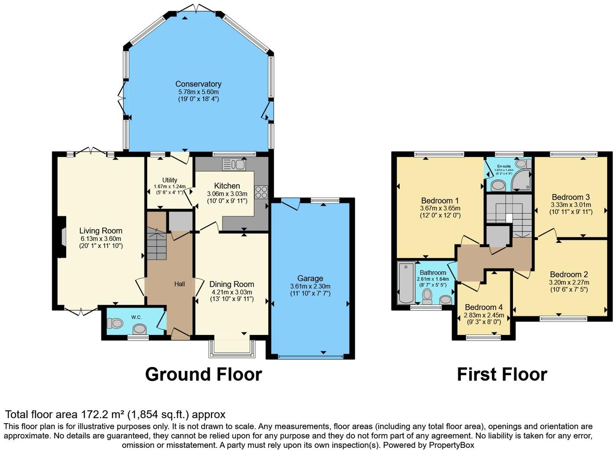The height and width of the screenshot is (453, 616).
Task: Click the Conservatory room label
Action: pos(198,84)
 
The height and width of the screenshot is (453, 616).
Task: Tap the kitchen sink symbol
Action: pos(234,164)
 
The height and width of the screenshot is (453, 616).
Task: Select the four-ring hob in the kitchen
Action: pos(261,192)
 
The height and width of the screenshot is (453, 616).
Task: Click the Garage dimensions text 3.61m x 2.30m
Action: pos(310,286)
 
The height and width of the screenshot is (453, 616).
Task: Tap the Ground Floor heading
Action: pos(203,374)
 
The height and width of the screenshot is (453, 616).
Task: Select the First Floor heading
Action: pos(502,374)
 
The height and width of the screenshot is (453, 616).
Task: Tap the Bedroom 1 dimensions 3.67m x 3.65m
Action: pos(440,208)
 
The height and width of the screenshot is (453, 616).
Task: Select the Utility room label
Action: pos(170,180)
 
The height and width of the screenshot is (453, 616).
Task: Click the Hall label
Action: pos(180,284)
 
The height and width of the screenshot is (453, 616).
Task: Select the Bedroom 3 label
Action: pos(571,197)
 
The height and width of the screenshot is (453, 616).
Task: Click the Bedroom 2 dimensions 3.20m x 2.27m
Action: pos(569,282)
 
